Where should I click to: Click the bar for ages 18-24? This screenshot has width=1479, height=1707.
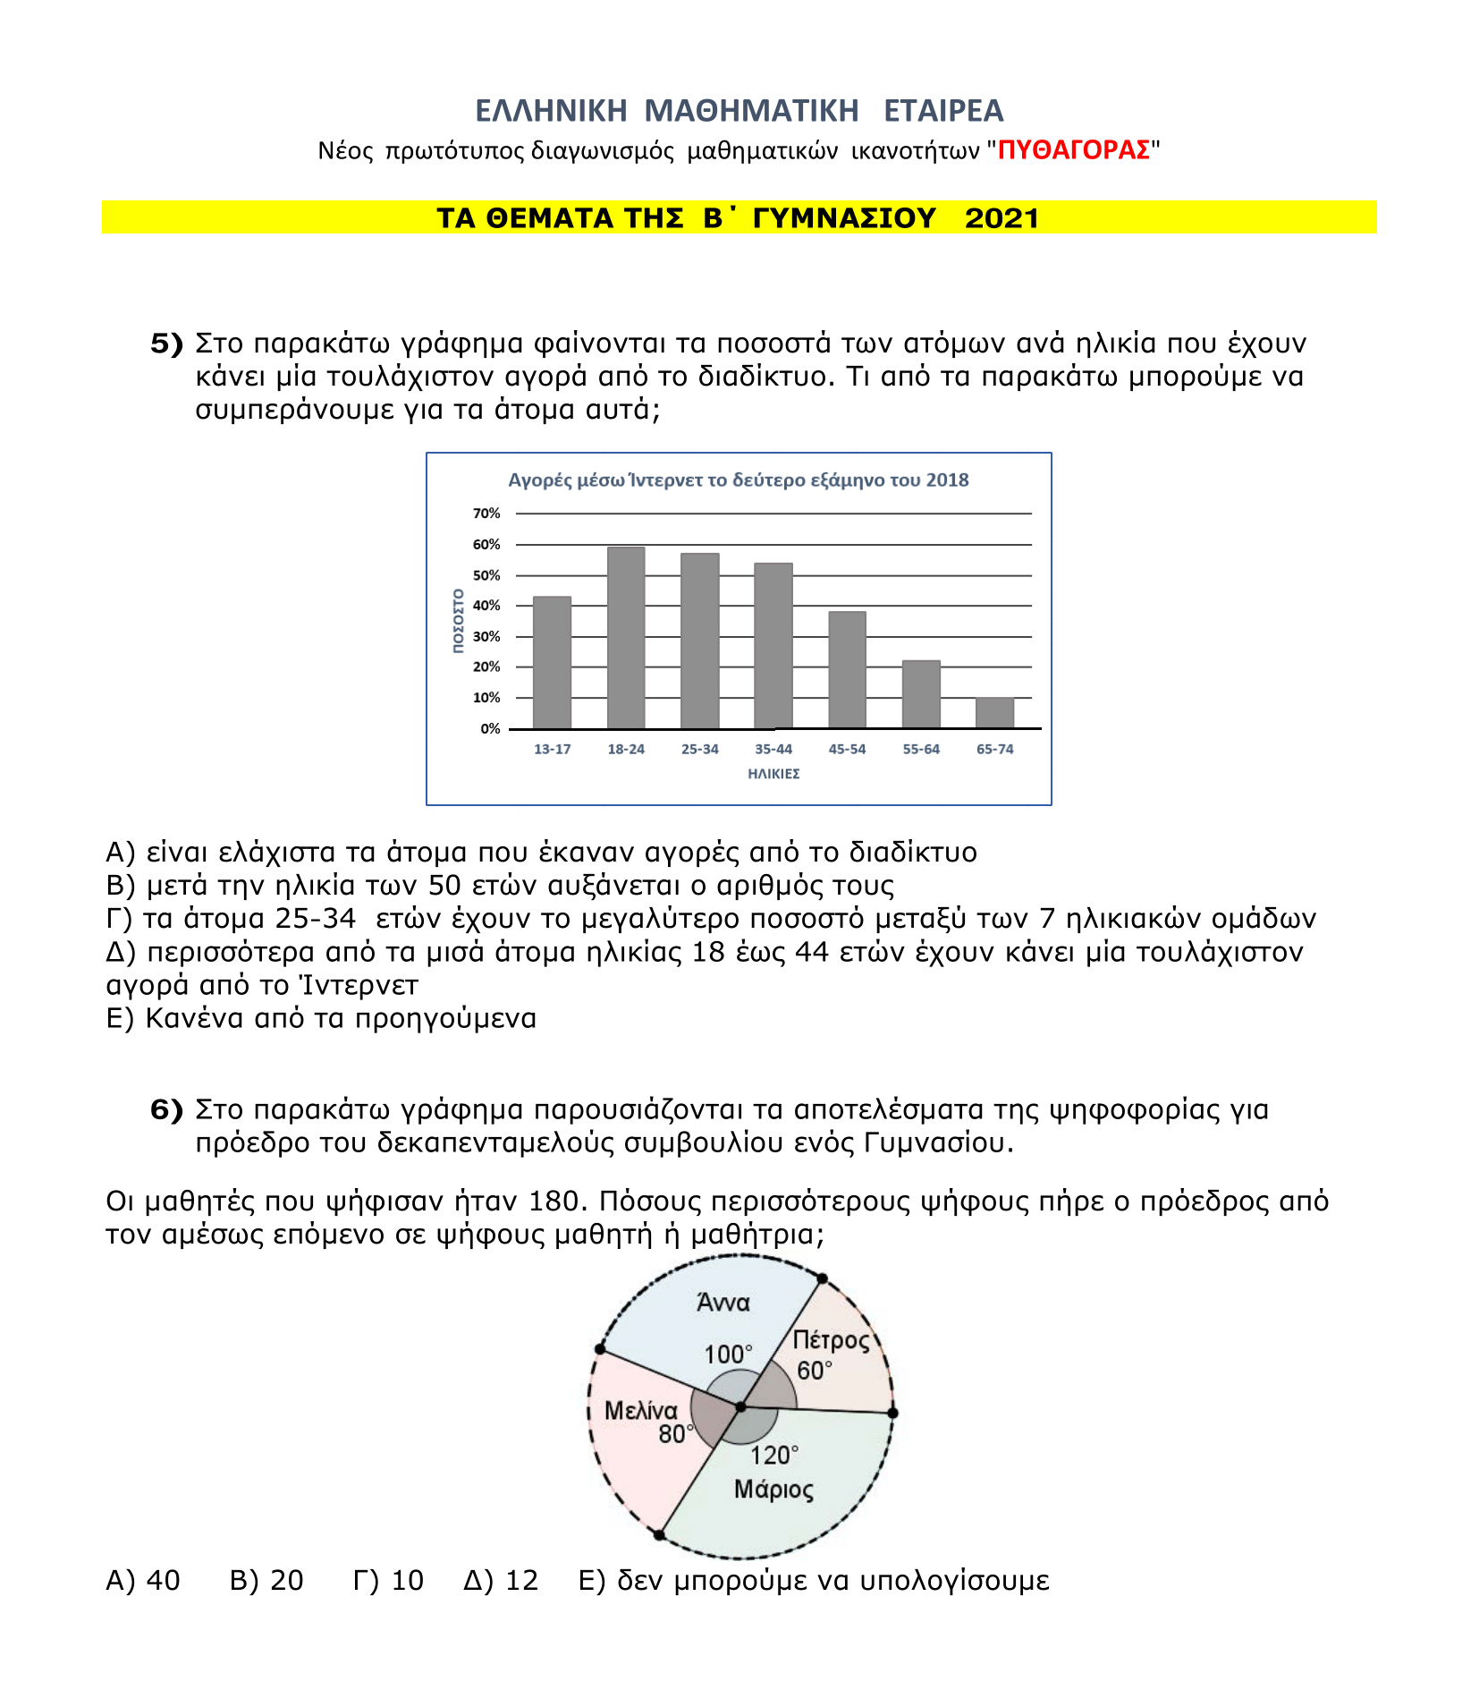(x=625, y=637)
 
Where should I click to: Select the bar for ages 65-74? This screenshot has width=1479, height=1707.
(x=994, y=713)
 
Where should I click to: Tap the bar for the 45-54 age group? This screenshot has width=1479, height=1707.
(x=847, y=670)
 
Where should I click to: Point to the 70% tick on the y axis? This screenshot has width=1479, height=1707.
(x=486, y=514)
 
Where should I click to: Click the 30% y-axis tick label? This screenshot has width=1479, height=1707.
(x=486, y=637)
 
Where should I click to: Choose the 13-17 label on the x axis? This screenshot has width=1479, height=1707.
(x=552, y=750)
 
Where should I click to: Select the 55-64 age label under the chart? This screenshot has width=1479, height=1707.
(x=921, y=750)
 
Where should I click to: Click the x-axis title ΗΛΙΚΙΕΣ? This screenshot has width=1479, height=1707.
(x=773, y=774)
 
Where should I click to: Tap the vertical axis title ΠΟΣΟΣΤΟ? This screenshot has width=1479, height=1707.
(x=458, y=621)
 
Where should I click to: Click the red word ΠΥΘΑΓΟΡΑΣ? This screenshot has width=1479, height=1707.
(x=1074, y=150)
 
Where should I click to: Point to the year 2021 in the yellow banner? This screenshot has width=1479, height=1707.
(x=1001, y=218)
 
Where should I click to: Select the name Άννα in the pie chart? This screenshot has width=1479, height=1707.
(x=723, y=1303)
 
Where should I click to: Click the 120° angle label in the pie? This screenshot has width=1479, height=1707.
(x=774, y=1456)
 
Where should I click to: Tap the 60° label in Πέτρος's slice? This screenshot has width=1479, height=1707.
(x=815, y=1371)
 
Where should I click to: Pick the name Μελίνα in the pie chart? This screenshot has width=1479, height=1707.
(x=641, y=1411)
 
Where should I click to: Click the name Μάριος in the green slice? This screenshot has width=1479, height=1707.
(x=774, y=1490)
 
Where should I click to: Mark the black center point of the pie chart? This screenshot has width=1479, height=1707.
(x=740, y=1407)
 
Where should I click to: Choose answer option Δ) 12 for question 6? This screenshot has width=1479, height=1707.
(x=501, y=1581)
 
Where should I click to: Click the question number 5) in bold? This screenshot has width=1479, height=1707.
(x=166, y=344)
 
